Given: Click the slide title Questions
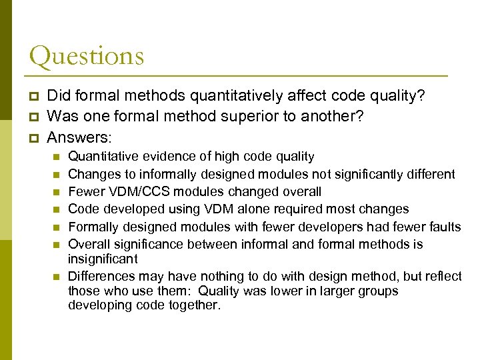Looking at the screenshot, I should click(87, 56).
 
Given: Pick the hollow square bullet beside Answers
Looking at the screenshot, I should click(35, 137).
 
